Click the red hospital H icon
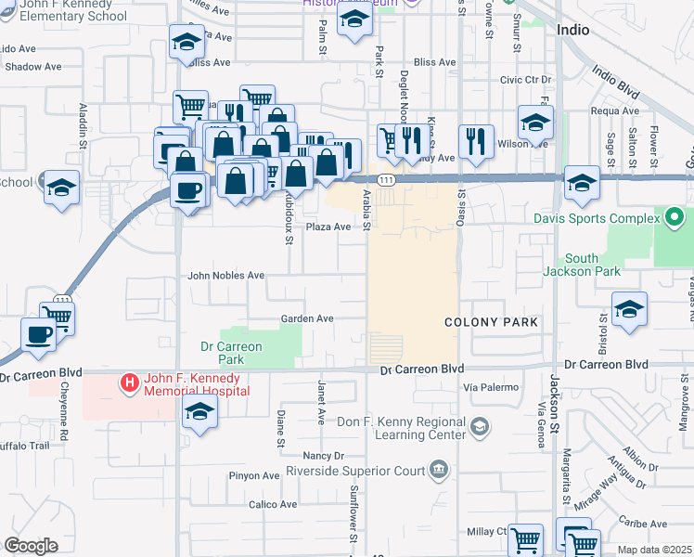click(x=130, y=382)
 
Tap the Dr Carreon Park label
click(x=232, y=353)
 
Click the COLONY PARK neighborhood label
click(x=491, y=322)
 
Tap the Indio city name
click(x=573, y=30)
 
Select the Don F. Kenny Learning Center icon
click(x=479, y=426)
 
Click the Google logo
click(x=31, y=546)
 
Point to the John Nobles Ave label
click(x=226, y=276)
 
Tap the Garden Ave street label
click(x=307, y=318)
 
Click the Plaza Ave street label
click(x=328, y=227)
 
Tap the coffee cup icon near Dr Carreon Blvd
click(x=38, y=335)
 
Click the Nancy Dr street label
click(x=324, y=456)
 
